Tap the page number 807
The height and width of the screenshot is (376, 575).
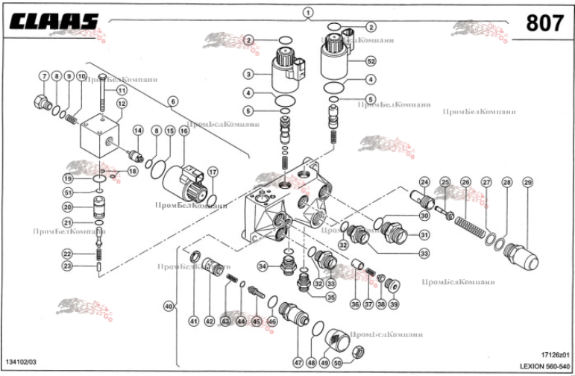click(544, 24)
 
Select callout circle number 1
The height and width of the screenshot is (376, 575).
click(308, 13)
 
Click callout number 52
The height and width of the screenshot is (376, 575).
click(371, 62)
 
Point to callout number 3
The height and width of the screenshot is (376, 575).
click(248, 73)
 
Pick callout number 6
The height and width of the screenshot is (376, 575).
click(172, 101)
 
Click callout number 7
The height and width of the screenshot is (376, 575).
click(44, 76)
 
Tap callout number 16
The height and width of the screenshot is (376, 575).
click(183, 131)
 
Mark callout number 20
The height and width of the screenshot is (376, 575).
click(67, 207)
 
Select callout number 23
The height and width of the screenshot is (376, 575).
click(67, 266)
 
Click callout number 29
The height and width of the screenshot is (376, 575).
click(528, 182)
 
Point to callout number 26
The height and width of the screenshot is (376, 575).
click(465, 182)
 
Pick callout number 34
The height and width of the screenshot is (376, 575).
click(263, 266)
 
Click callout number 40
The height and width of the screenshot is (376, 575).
click(169, 307)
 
